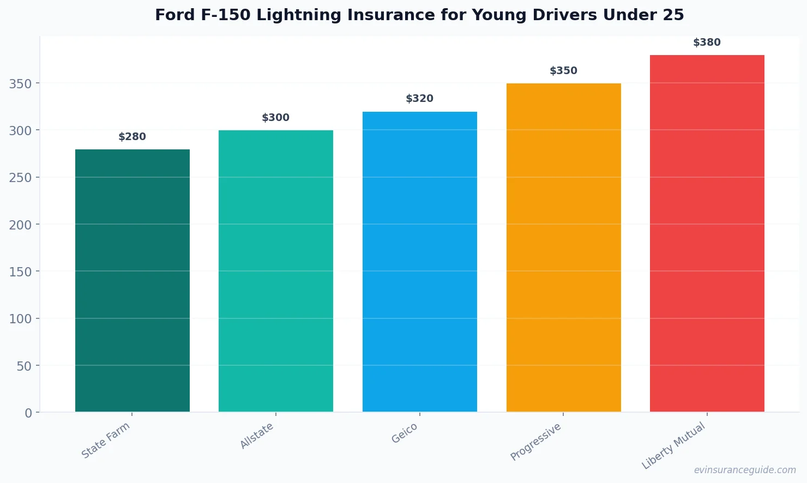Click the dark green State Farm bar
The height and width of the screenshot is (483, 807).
133,281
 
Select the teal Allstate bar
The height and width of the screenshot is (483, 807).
276,271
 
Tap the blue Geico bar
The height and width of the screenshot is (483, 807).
420,262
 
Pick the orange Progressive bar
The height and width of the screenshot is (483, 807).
563,247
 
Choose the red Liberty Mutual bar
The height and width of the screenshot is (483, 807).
707,233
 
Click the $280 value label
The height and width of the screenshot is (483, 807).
133,137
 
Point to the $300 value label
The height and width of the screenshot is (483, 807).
276,118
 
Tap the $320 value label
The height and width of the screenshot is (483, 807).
420,99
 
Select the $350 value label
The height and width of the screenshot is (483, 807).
563,71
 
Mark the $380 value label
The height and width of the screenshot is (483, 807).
707,43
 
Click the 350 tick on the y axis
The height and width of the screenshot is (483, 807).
20,83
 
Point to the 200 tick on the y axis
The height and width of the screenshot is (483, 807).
20,225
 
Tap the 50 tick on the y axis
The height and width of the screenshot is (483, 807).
24,366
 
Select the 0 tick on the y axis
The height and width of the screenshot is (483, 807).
28,413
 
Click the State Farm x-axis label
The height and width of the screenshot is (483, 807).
106,440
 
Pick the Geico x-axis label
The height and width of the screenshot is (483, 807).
405,433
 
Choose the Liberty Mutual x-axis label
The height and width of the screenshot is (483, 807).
673,446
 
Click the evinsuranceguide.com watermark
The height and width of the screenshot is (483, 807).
745,470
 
